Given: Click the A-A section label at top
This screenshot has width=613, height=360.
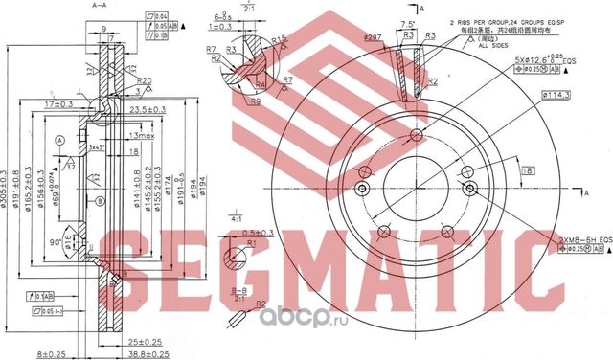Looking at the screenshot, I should (x=97, y=6).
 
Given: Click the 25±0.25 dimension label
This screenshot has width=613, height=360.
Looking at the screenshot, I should (x=143, y=341).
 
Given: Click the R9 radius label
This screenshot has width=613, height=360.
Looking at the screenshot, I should (x=256, y=101).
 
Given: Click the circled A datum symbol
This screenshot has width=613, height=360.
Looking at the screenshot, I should (x=60, y=140).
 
